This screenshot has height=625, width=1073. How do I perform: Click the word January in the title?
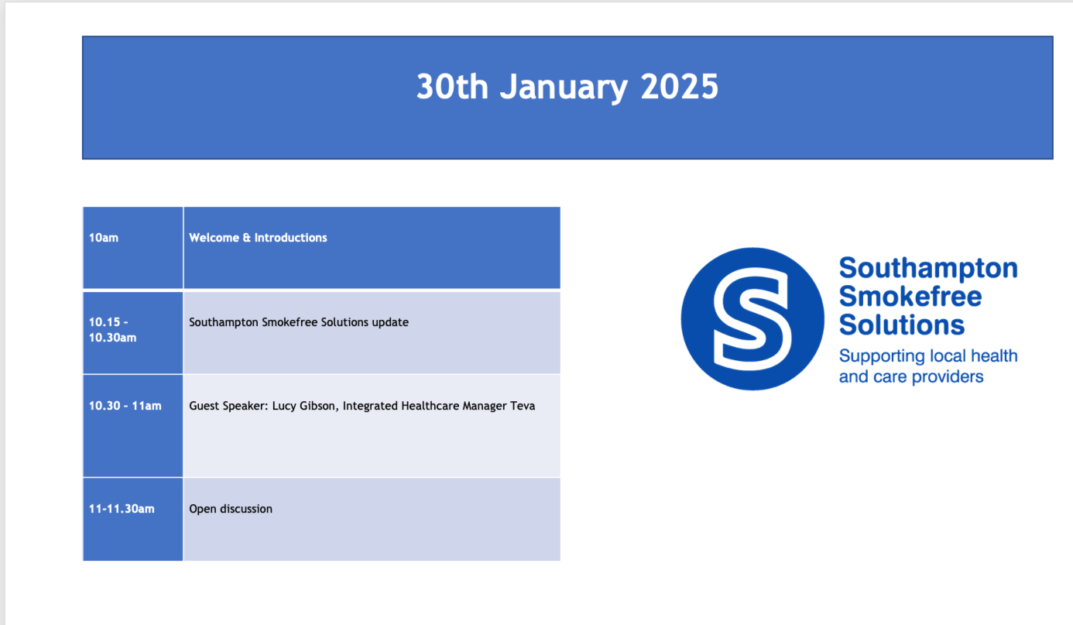(x=564, y=88)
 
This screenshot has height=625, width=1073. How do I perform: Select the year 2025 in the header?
(x=679, y=87)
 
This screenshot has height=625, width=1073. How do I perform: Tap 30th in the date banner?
(x=452, y=87)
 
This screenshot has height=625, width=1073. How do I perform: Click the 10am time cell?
(x=132, y=248)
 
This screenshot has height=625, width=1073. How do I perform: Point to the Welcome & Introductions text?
(x=258, y=238)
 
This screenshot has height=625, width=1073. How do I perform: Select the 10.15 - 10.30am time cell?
(x=132, y=332)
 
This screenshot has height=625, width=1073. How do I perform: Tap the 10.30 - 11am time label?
(x=125, y=406)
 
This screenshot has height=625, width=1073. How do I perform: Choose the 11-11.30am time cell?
(x=132, y=519)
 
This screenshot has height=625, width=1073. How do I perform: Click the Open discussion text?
(x=231, y=509)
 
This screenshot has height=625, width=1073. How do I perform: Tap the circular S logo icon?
(x=752, y=319)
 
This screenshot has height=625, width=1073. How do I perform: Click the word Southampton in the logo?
(x=928, y=269)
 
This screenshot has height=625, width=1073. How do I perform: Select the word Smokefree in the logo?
(x=910, y=296)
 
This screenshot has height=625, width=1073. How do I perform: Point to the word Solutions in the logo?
(x=901, y=325)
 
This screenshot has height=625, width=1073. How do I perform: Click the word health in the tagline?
(x=994, y=356)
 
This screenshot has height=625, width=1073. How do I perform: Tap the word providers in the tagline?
(x=948, y=377)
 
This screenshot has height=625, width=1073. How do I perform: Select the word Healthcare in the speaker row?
(x=430, y=406)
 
